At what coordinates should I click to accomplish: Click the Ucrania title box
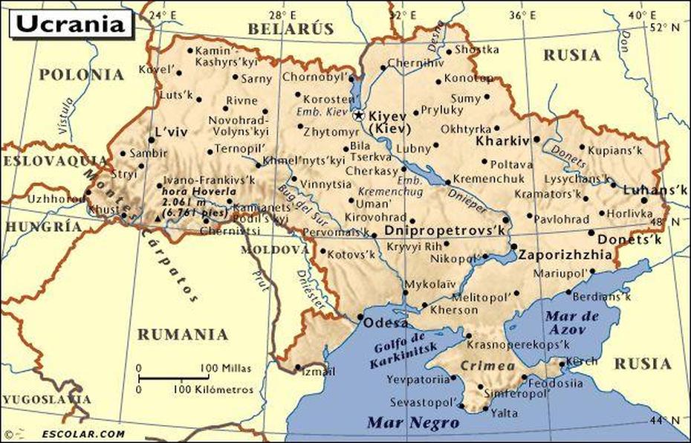[x=71, y=23]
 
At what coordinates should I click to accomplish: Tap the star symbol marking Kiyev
[x=358, y=115]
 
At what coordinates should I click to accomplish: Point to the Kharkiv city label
[x=502, y=140]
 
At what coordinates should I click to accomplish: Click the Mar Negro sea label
[x=414, y=423]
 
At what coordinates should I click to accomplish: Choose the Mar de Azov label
[x=572, y=322]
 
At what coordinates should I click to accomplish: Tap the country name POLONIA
[x=81, y=74]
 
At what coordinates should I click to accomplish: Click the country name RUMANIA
[x=182, y=334]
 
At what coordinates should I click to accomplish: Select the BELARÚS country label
[x=291, y=29]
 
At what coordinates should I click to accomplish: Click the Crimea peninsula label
[x=487, y=366]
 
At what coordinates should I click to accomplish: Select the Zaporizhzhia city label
[x=565, y=254]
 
